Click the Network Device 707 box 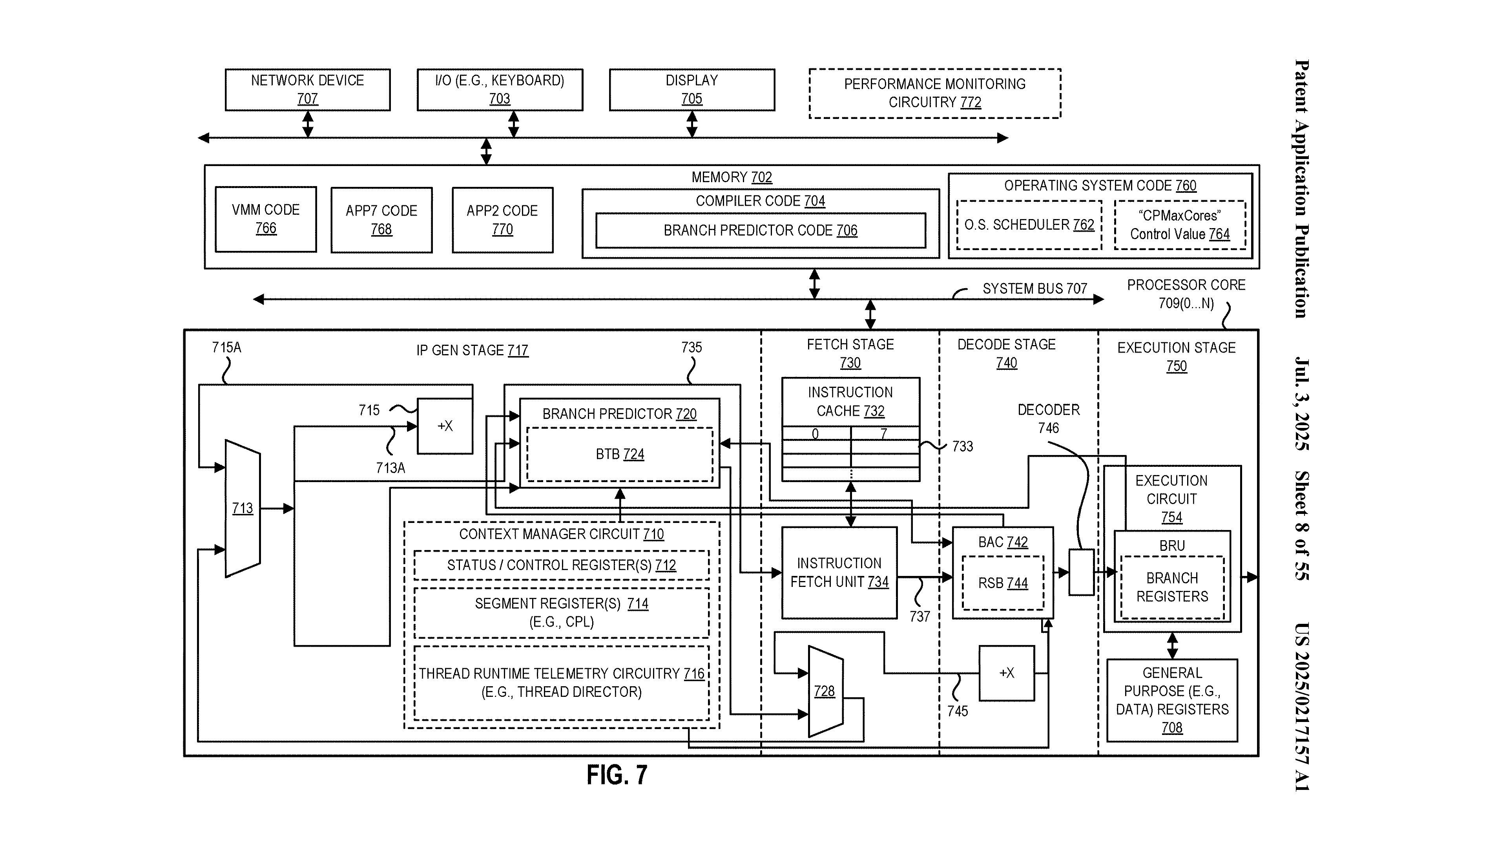(307, 90)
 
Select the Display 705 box (691, 90)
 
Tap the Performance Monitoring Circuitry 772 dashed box (934, 94)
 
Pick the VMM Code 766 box (266, 219)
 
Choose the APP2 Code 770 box (502, 219)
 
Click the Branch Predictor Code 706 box (760, 230)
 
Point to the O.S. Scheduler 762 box (1029, 225)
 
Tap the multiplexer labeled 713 (242, 508)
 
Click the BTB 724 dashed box (620, 454)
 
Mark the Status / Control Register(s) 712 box (561, 565)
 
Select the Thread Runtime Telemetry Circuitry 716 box (561, 682)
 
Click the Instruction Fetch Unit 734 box (839, 572)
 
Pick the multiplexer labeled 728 (824, 691)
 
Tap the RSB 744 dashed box (1003, 583)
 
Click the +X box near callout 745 (1006, 673)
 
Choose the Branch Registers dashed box (1172, 587)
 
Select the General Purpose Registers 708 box (1172, 700)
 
